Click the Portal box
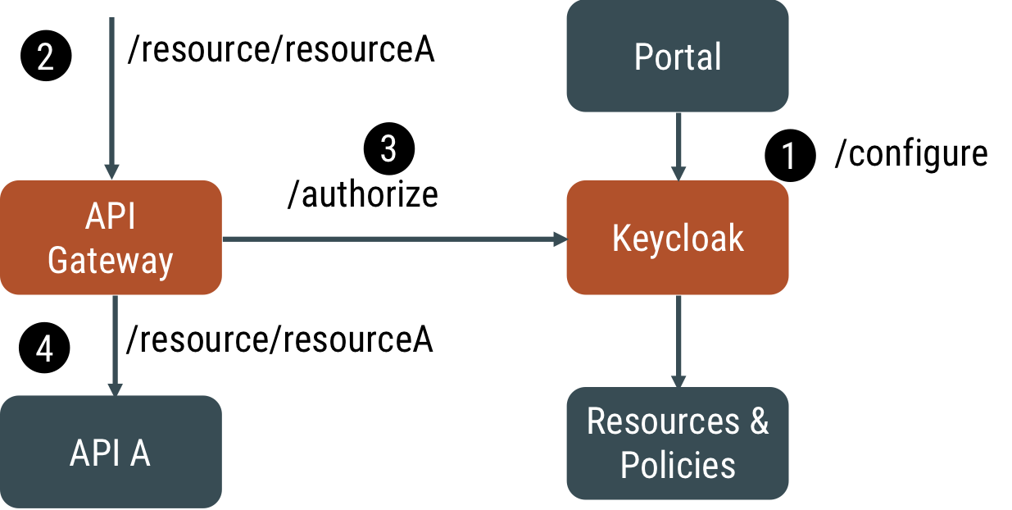678,56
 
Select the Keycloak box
678,237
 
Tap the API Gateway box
111,238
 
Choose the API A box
111,452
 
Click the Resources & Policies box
678,443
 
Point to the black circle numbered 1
790,156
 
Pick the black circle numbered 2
46,57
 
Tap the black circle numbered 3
389,149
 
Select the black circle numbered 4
45,349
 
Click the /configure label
910,154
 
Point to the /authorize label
363,194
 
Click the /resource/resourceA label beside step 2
281,51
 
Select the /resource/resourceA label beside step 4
279,339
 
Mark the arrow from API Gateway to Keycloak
394,239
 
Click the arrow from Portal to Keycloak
678,146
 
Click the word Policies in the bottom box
678,465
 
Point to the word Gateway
111,261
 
